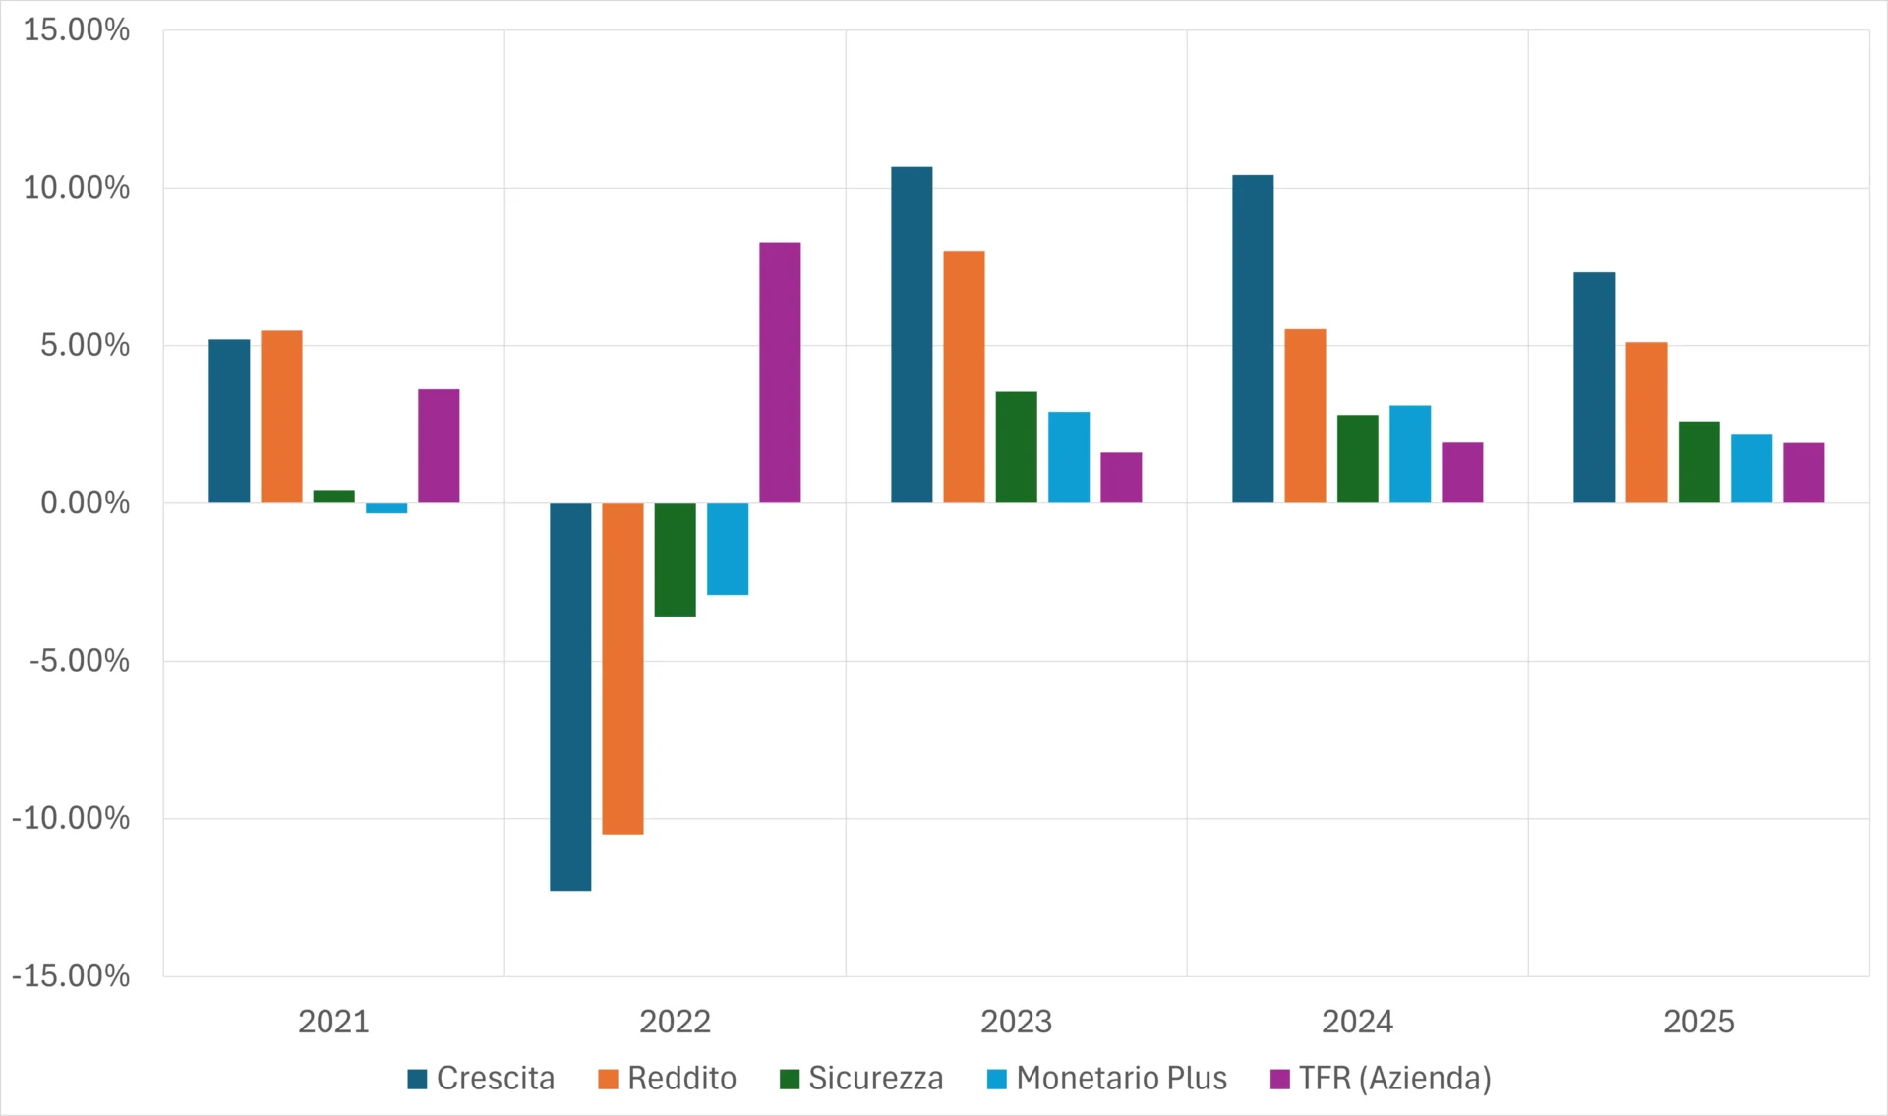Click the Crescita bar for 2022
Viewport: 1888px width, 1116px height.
570,697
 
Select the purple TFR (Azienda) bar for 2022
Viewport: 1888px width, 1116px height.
780,373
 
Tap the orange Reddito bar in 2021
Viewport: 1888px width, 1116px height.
281,417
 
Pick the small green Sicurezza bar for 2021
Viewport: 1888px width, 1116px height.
334,497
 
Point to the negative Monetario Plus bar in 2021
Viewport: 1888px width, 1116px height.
386,508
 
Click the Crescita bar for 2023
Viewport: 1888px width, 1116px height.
912,335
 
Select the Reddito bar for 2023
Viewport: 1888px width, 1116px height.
964,378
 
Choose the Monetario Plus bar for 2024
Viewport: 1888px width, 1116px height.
1410,454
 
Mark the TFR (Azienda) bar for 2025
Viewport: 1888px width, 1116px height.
1803,473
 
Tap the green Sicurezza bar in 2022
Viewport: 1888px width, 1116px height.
676,560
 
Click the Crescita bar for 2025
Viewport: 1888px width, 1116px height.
1594,387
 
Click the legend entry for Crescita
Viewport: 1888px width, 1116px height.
481,1079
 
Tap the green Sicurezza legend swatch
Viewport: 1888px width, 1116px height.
790,1080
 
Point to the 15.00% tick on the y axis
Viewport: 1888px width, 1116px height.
77,29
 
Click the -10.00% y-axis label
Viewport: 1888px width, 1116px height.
71,818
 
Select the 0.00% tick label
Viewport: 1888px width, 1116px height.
85,503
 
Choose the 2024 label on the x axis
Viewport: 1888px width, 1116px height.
1357,1022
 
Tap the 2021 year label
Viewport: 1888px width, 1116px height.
333,1022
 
